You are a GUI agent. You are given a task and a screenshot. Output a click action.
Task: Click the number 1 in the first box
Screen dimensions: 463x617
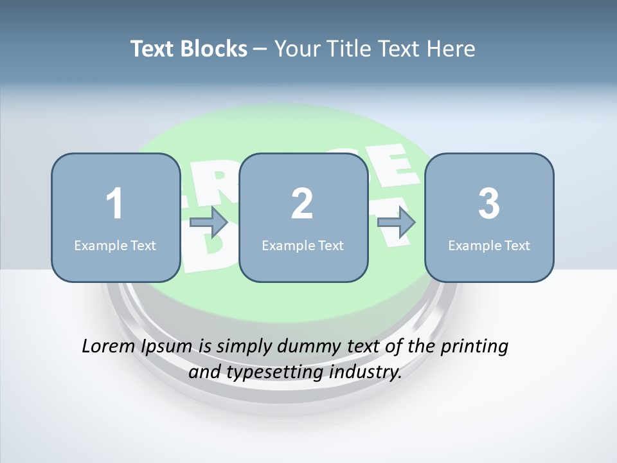pos(114,204)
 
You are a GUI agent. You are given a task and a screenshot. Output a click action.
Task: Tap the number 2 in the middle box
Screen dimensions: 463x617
pos(302,204)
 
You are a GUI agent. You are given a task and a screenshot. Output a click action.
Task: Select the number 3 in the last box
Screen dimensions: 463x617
pos(489,204)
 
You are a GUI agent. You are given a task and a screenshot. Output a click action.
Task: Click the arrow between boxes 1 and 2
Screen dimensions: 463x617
pos(209,222)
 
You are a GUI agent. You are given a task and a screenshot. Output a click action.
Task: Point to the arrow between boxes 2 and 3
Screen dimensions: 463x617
pos(397,222)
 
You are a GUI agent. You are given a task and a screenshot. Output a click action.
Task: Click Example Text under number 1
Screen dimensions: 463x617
pos(115,246)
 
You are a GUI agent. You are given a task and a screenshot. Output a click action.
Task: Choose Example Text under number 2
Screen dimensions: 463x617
pos(303,246)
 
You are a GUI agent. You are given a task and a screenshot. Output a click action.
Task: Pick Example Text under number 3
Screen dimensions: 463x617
pos(489,246)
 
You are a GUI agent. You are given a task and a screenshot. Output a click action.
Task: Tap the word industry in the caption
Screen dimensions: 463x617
pos(365,372)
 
